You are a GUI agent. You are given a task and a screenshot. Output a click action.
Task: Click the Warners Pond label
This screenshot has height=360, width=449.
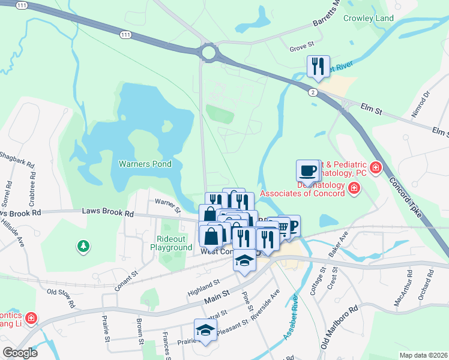145,164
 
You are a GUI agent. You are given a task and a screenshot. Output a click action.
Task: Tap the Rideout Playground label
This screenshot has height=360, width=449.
171,243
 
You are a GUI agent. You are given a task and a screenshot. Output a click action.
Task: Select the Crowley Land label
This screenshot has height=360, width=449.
369,19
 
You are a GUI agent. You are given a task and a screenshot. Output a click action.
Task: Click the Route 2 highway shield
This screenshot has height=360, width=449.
313,92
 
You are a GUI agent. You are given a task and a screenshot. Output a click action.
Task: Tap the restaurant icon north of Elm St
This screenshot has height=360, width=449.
318,65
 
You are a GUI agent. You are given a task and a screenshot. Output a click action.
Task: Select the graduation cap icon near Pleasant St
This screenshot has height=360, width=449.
205,329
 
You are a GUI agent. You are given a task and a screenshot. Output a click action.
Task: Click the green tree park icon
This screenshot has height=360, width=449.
83,246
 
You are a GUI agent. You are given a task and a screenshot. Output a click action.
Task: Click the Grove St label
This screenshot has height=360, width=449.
302,46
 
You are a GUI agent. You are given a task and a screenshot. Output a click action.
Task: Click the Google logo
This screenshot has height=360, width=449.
20,352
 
